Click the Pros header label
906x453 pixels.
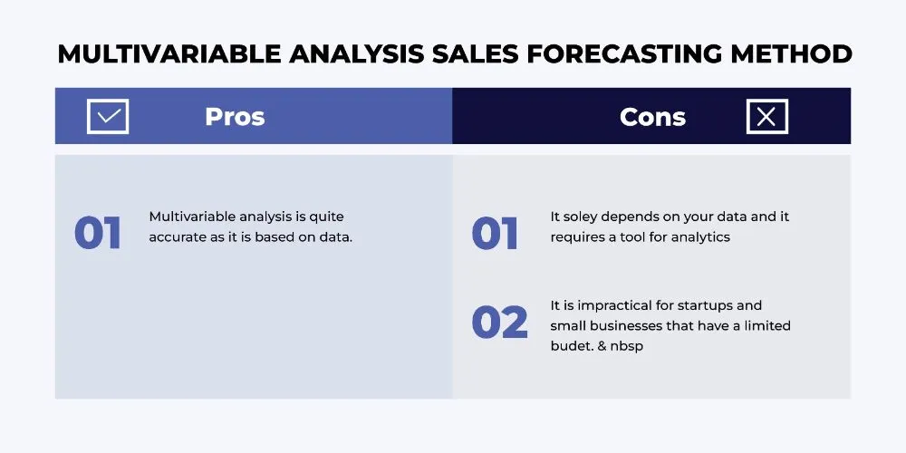coord(235,117)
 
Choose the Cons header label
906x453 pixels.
coord(652,117)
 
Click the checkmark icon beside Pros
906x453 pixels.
coord(108,117)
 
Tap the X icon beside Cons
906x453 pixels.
coord(767,117)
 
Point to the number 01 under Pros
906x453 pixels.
coord(97,233)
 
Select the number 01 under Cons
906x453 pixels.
coord(495,233)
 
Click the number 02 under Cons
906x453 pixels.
coord(499,322)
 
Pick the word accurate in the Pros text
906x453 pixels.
coord(177,237)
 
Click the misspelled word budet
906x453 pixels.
coord(569,346)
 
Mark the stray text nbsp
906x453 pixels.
coord(626,346)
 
